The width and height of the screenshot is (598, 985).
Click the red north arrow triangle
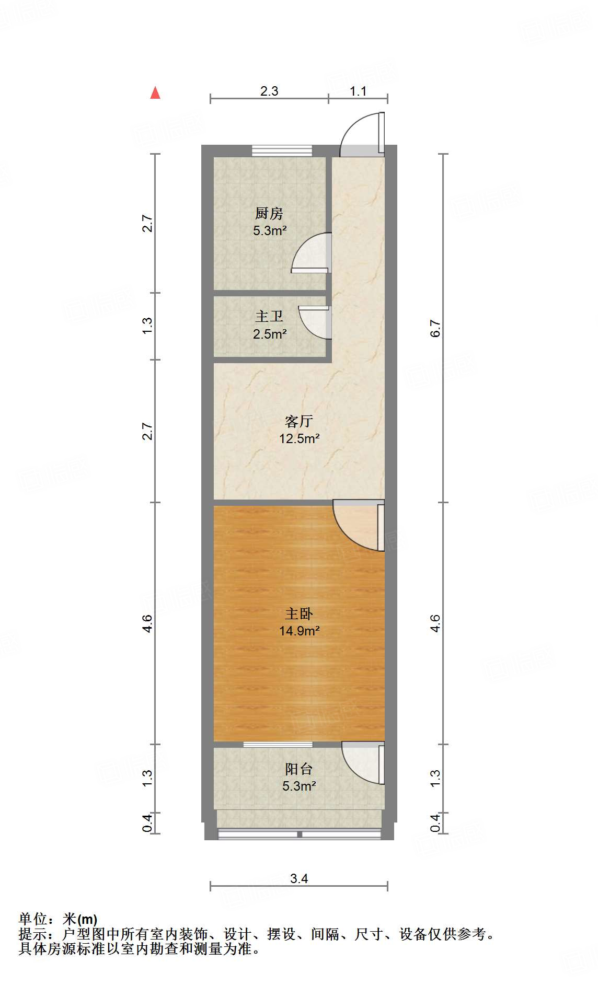(155, 93)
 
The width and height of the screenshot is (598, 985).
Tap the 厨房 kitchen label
(269, 213)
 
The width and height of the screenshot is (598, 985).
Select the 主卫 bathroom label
(269, 316)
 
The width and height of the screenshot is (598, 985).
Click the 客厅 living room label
(299, 421)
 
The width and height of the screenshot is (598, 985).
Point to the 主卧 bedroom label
(299, 613)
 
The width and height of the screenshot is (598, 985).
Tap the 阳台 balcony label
(299, 769)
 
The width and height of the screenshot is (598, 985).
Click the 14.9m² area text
(299, 631)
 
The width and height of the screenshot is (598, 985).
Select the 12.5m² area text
(299, 438)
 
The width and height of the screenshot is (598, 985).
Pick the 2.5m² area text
(269, 334)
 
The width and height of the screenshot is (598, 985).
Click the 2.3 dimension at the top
(269, 91)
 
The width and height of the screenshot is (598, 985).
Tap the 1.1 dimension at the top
(358, 91)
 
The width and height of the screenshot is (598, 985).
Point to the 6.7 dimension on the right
(435, 328)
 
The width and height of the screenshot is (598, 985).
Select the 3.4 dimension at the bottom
(299, 878)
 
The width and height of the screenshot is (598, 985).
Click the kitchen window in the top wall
(282, 150)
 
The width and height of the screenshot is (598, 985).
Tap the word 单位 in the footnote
(33, 919)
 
